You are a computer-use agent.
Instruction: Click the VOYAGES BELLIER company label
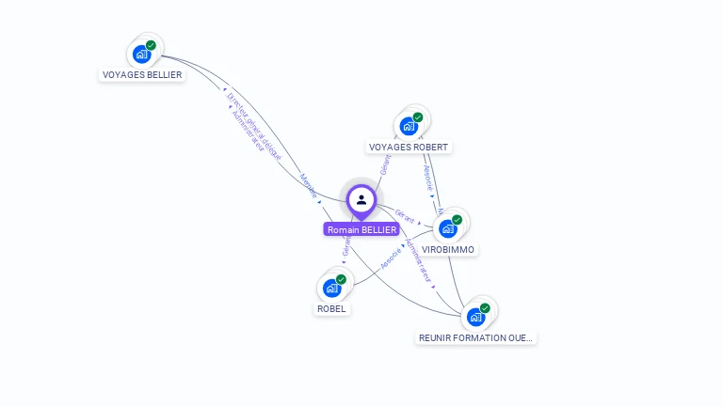click(x=141, y=74)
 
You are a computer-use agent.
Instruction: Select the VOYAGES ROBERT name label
click(x=409, y=147)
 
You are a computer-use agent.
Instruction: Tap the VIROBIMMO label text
click(x=448, y=250)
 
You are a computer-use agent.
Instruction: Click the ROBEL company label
click(x=330, y=308)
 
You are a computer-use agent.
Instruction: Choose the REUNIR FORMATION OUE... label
click(x=475, y=337)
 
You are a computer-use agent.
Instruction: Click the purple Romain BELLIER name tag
click(x=361, y=229)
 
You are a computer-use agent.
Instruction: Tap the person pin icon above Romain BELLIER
click(x=361, y=199)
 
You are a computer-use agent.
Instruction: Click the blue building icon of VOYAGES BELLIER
click(x=141, y=54)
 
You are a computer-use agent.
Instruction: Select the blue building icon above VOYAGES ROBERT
click(x=409, y=126)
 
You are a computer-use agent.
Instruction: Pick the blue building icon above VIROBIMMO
click(x=448, y=228)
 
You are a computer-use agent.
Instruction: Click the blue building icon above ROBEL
click(x=331, y=288)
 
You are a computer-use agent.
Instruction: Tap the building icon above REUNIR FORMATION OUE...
click(x=475, y=317)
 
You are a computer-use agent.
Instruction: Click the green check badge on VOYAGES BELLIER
click(x=151, y=45)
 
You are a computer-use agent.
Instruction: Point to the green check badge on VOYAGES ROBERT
click(x=418, y=117)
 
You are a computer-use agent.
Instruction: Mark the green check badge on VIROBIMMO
click(x=458, y=220)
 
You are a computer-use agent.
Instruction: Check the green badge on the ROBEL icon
click(x=341, y=279)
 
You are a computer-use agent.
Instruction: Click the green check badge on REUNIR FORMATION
click(x=485, y=308)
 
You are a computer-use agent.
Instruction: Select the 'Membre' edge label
click(x=308, y=185)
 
